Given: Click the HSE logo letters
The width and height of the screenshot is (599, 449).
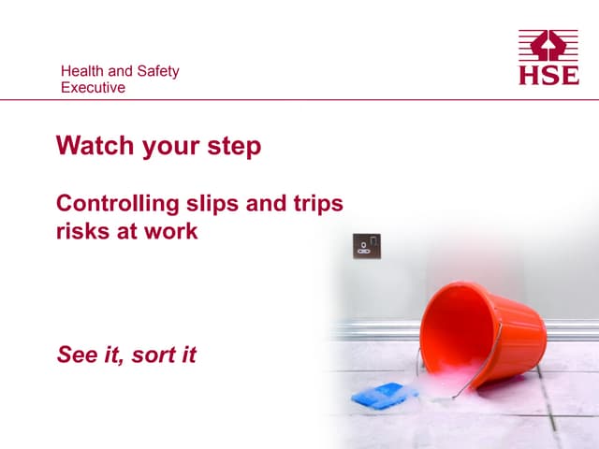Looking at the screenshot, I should coord(549,75).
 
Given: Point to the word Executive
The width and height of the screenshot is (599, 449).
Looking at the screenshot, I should coord(93,88).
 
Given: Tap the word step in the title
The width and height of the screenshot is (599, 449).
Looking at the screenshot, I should coord(236,147).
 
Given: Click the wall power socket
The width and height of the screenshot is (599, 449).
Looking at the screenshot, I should coord(366,247).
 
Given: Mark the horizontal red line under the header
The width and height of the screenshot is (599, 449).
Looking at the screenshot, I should coord(299,100).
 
